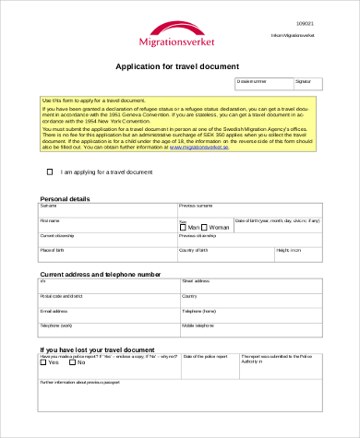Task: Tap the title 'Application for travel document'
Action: coord(176,66)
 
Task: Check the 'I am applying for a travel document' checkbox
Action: coord(50,172)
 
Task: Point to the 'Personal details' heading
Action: coord(65,198)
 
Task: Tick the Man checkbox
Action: coord(183,227)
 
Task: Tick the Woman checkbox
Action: coord(205,227)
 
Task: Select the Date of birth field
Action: coord(278,226)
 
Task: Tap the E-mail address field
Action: coord(107,315)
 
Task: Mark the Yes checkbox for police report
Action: coord(43,361)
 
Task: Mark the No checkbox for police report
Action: coord(73,361)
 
